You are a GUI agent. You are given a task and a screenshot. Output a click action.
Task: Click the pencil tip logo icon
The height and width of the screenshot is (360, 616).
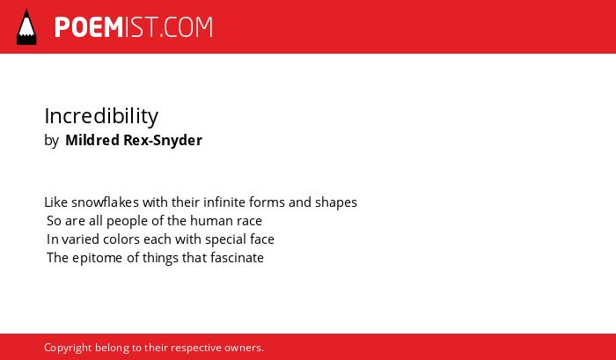click(26, 27)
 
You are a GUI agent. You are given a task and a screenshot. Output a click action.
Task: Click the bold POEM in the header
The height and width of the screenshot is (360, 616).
click(89, 27)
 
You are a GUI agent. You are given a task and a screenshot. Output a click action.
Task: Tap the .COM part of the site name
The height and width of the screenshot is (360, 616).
click(187, 27)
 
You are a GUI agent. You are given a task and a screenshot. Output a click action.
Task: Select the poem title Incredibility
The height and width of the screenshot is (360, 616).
click(101, 116)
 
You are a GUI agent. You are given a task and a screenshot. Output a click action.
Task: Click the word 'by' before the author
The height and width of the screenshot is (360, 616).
click(51, 141)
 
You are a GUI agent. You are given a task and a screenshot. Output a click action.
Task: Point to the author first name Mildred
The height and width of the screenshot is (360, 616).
click(92, 140)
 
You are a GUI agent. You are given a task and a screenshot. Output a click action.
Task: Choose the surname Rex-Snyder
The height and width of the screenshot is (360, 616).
click(163, 140)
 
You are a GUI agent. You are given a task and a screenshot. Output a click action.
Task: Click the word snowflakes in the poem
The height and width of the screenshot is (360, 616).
click(105, 202)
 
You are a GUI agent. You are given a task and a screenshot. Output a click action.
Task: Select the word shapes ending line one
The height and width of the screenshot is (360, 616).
click(336, 202)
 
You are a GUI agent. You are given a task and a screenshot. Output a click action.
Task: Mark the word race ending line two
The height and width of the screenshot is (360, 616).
click(249, 222)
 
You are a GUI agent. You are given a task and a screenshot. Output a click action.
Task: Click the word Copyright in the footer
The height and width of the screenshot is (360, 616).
click(68, 349)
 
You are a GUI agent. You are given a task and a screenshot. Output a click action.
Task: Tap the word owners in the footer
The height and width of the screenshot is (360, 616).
click(244, 349)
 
